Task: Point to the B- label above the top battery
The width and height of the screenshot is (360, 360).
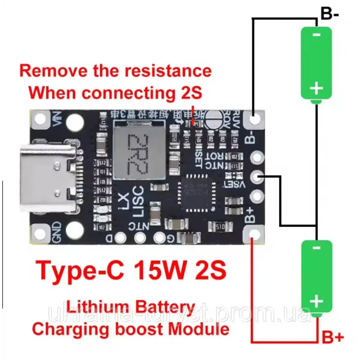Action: point(329,13)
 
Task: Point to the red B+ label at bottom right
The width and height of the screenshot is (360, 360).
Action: point(333,337)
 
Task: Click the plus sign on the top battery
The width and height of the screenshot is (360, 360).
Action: point(316,88)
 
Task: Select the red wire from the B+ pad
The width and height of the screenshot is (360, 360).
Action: point(253,292)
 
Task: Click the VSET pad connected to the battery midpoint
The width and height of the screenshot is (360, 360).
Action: point(257,177)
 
